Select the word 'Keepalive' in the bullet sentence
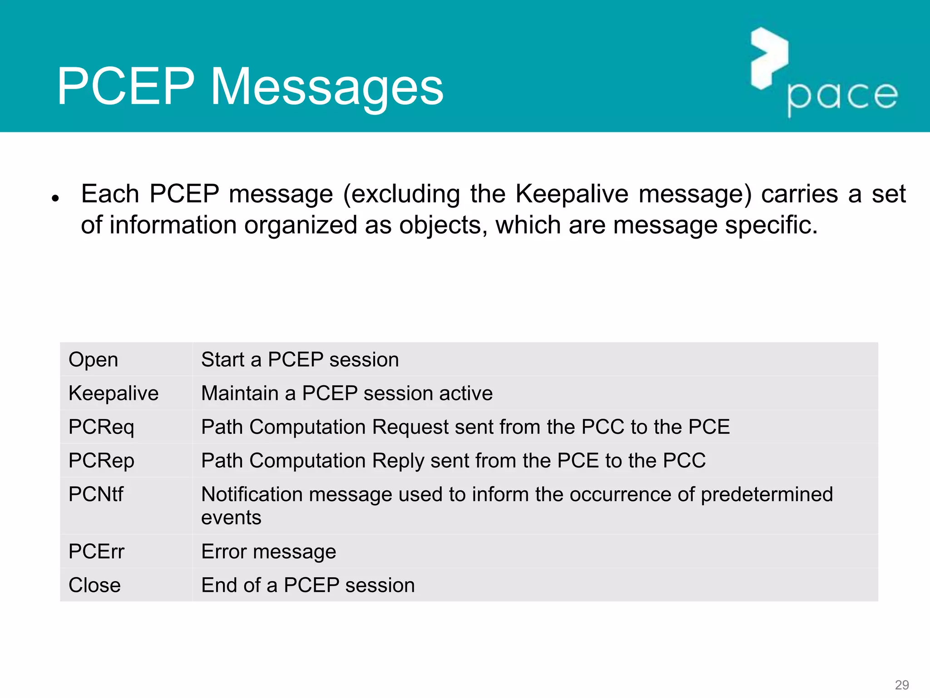(x=572, y=194)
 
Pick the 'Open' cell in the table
(x=93, y=359)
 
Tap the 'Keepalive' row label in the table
(x=114, y=393)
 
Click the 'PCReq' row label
(x=101, y=427)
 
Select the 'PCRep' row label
(x=101, y=461)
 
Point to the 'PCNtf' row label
(x=96, y=494)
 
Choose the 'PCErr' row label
(x=96, y=552)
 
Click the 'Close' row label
(x=94, y=585)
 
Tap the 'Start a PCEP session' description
(x=300, y=359)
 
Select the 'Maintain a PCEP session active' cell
(x=347, y=393)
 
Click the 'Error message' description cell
(x=268, y=552)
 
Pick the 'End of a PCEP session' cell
(x=308, y=585)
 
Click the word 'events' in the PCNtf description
(x=231, y=518)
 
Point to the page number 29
(x=901, y=685)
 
